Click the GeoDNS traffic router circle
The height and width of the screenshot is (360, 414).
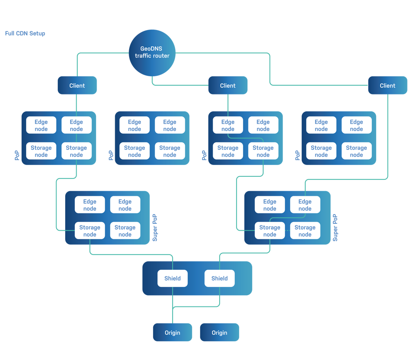coord(152,53)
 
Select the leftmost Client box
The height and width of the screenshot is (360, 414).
coord(77,85)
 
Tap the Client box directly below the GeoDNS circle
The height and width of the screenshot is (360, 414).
coord(228,85)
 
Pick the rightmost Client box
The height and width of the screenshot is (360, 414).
coord(387,85)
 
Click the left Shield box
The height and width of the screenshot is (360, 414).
coord(172,278)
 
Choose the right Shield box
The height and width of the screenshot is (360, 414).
coord(219,278)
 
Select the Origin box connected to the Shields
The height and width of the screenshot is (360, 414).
coord(172,332)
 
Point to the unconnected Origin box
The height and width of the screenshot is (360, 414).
coord(219,332)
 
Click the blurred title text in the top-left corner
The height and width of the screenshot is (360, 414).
coord(25,34)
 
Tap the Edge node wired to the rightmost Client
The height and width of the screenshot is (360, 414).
coord(305,205)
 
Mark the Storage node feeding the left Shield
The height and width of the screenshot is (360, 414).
coord(90,231)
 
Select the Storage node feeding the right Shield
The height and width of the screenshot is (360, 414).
coord(270,231)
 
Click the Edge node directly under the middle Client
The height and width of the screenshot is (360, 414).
coord(228,125)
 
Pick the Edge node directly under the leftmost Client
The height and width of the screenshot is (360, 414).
coord(76,125)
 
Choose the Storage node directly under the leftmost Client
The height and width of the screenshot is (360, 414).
coord(76,151)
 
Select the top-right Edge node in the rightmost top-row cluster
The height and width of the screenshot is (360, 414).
coord(356,125)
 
